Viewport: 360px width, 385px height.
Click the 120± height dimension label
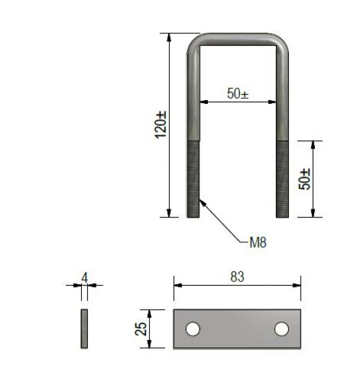pyautogui.click(x=160, y=124)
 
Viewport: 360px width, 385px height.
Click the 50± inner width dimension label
pyautogui.click(x=238, y=94)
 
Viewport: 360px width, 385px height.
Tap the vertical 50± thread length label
pyautogui.click(x=304, y=179)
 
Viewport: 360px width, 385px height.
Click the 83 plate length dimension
pyautogui.click(x=237, y=277)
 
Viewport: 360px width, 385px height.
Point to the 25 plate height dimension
pyautogui.click(x=142, y=329)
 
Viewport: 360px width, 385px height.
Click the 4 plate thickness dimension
pyautogui.click(x=84, y=277)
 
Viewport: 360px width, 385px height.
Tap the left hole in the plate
pyautogui.click(x=193, y=329)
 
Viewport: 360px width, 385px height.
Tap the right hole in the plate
pyautogui.click(x=281, y=329)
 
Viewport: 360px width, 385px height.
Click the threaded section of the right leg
pyautogui.click(x=282, y=179)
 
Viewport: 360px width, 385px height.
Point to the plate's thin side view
pyautogui.click(x=84, y=329)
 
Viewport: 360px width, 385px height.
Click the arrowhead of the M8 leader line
pyautogui.click(x=200, y=200)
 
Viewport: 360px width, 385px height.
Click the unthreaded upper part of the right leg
pyautogui.click(x=282, y=99)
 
